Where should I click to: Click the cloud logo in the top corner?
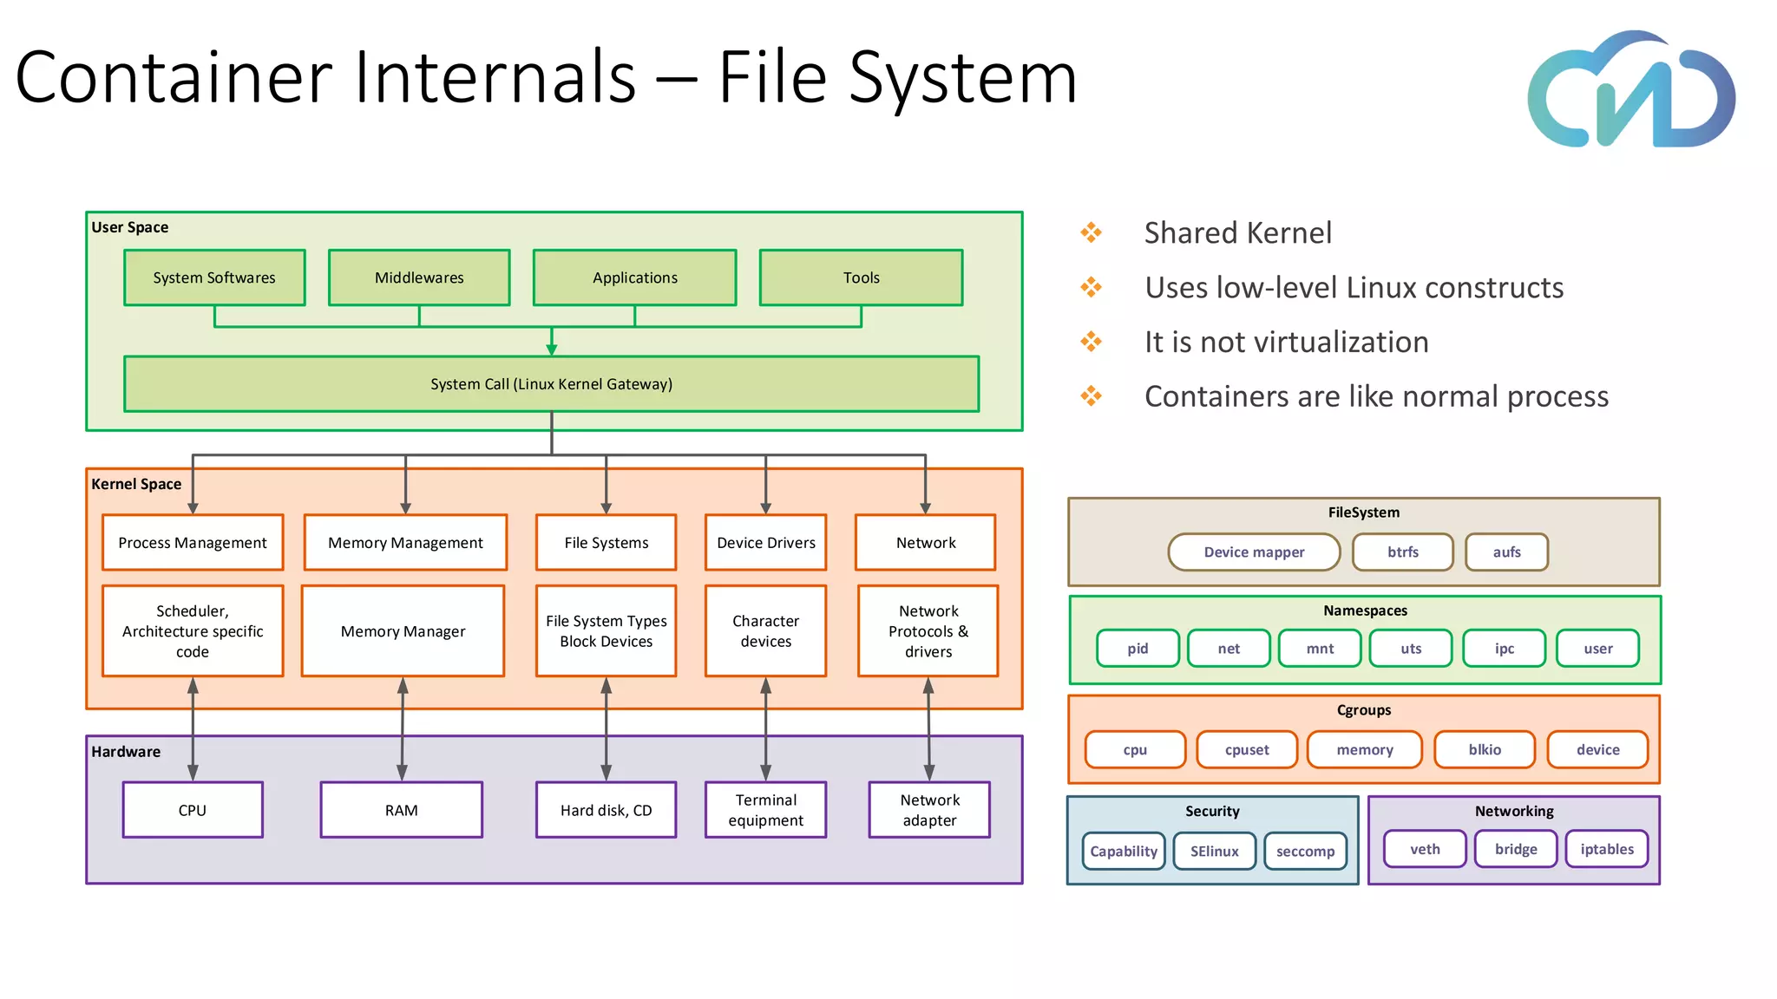click(1631, 91)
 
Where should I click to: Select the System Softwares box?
click(214, 277)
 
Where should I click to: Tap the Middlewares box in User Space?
click(419, 277)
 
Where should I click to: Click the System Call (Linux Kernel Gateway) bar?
click(551, 383)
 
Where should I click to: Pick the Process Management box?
click(193, 542)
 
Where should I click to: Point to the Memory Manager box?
click(403, 630)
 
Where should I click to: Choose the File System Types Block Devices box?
click(606, 630)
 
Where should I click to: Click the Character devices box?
click(765, 630)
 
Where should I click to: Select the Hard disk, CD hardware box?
click(606, 810)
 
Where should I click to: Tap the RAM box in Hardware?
click(401, 810)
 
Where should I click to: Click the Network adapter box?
click(929, 810)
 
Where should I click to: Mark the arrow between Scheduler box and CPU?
click(193, 728)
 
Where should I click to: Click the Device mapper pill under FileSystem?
click(1254, 552)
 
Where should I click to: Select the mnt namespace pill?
click(1320, 648)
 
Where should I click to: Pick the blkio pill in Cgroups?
click(1485, 749)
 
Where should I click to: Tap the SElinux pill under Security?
click(1214, 851)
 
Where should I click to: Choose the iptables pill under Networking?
click(1606, 849)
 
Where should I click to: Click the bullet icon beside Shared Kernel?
click(1091, 232)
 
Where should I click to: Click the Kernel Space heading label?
click(136, 484)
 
